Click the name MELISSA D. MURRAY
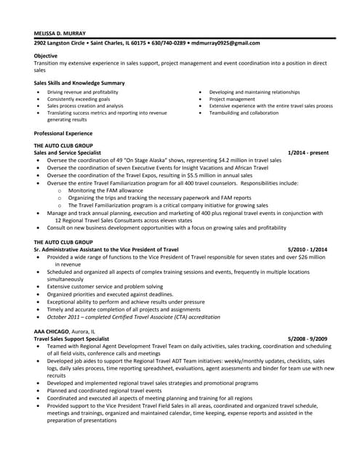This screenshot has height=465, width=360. (x=60, y=33)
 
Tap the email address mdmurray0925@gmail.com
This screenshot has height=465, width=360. (x=225, y=43)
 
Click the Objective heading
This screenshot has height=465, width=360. (x=47, y=56)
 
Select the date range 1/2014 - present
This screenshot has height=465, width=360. (x=308, y=153)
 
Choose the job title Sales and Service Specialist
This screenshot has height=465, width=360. (x=67, y=153)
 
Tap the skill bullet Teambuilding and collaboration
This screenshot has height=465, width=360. (x=244, y=113)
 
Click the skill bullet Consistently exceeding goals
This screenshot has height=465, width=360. (x=79, y=99)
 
